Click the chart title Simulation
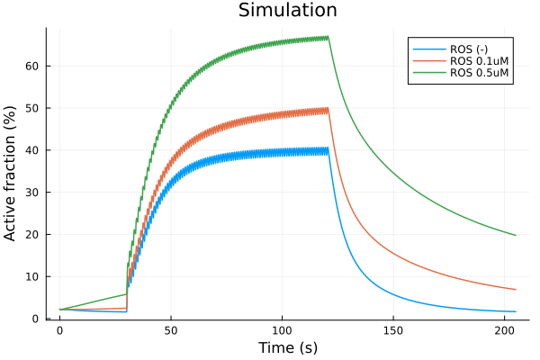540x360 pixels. pos(287,11)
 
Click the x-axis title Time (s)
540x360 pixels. pos(287,347)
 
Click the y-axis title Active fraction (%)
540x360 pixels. pos(11,173)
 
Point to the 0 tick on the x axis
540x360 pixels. pos(59,329)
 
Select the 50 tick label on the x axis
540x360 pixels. pos(171,329)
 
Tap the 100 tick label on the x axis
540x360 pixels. pos(283,329)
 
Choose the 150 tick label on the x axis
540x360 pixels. pos(393,329)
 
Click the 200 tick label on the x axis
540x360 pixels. pos(505,329)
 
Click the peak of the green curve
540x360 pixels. pos(328,37)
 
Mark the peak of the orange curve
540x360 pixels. pos(328,109)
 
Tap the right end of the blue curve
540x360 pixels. pos(516,311)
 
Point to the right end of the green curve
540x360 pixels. pos(516,235)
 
